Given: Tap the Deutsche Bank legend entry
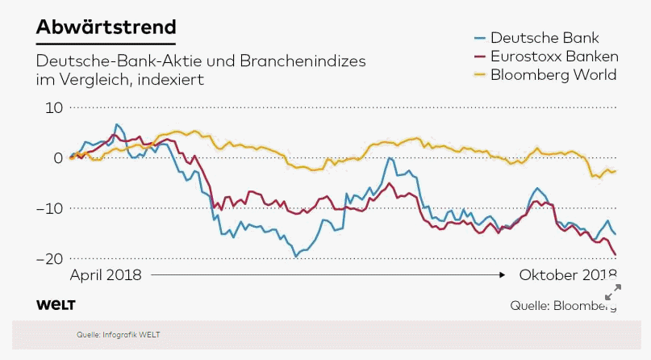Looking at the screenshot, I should tap(545, 38).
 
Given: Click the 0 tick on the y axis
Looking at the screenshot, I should tap(57, 157).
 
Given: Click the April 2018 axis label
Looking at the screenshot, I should tap(106, 275).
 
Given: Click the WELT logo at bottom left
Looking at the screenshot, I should tap(56, 304).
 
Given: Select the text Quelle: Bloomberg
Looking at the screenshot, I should tap(563, 305).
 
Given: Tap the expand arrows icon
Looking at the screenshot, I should tap(613, 291).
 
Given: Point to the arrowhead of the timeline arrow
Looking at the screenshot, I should tap(506, 275).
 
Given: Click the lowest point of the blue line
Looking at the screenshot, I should tap(296, 256).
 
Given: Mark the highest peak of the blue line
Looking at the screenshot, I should tap(118, 124).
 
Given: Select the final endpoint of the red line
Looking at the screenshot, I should tap(616, 255).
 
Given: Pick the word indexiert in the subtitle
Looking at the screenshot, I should tap(170, 79).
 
